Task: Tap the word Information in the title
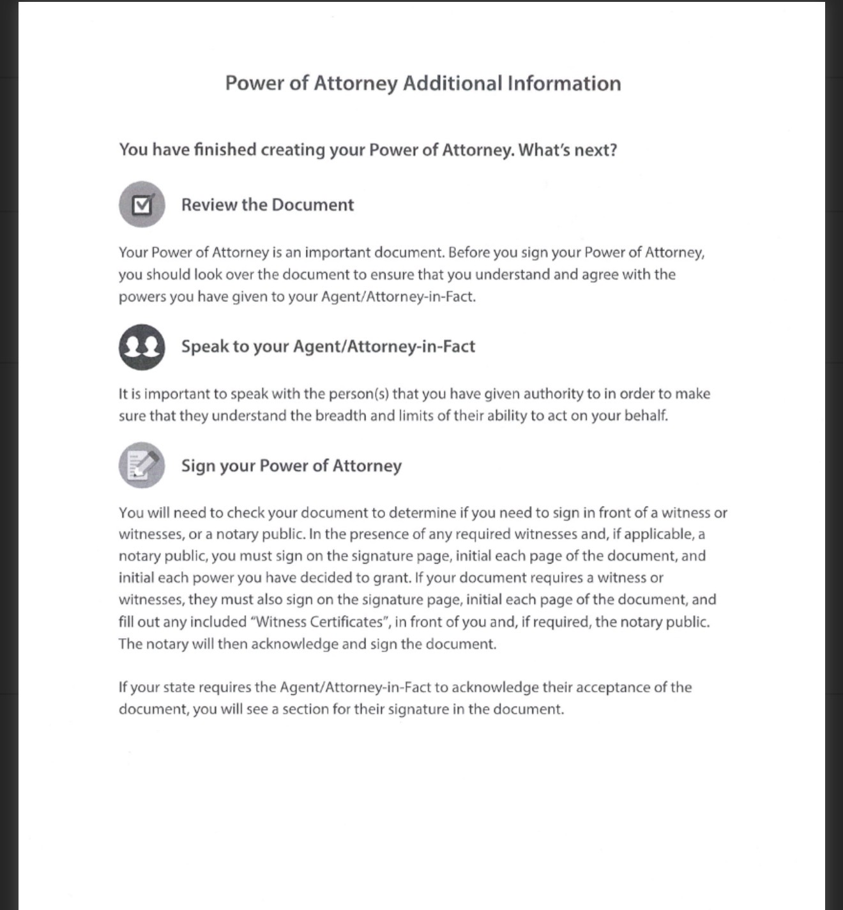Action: coord(564,84)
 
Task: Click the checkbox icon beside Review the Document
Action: coord(142,204)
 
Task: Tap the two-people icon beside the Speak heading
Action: coord(142,347)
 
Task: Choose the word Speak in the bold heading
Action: coord(204,347)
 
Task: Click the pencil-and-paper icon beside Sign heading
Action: coord(142,465)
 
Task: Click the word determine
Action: coord(422,512)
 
